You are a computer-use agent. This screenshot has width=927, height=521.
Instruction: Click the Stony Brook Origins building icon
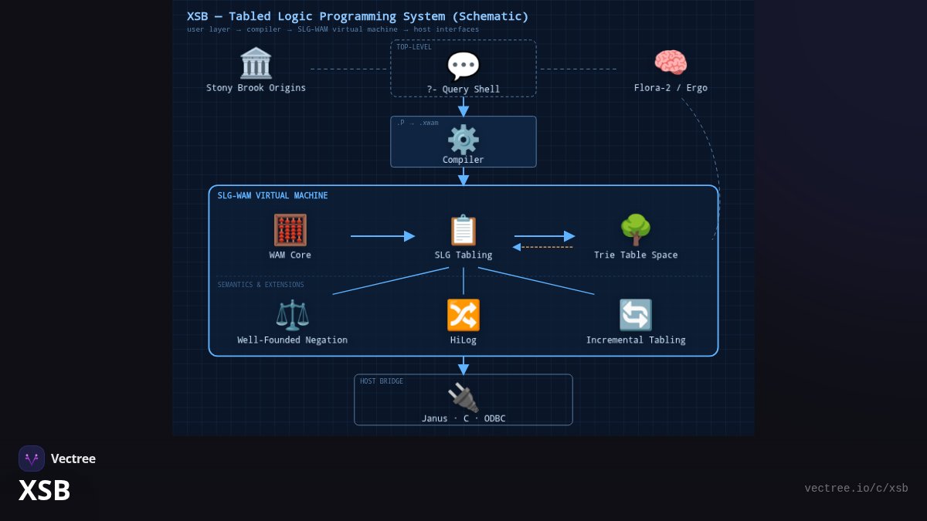point(256,63)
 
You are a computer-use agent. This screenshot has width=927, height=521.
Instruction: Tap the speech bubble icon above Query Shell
point(463,66)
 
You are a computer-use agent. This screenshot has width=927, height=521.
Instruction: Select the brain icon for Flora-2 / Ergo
point(671,63)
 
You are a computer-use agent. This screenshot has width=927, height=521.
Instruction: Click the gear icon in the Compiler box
point(463,140)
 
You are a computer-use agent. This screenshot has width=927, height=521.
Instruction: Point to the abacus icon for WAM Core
point(290,230)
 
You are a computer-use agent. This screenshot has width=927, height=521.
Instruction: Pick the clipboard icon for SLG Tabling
point(463,230)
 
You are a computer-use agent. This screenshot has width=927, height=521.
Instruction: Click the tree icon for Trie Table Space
point(636,230)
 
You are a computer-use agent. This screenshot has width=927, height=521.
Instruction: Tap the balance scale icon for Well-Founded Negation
point(292,315)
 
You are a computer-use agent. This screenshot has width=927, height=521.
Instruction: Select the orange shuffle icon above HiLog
point(463,315)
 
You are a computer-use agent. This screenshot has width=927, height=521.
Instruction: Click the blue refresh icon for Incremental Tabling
point(636,315)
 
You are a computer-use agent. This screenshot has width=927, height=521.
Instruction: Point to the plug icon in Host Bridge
point(463,397)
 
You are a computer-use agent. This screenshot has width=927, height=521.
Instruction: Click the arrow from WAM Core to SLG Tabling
point(383,236)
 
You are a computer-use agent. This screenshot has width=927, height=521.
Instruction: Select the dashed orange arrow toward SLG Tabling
point(542,247)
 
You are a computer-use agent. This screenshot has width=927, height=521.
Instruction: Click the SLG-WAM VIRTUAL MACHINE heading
point(272,195)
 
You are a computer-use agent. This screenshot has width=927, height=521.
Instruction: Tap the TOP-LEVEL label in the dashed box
point(414,47)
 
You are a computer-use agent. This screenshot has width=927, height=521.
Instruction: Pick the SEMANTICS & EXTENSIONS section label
point(261,285)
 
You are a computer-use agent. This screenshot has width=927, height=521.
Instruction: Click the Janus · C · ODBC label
point(463,418)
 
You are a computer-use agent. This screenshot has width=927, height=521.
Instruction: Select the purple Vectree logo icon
point(32,458)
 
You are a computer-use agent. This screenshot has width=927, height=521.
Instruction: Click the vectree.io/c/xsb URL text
point(856,489)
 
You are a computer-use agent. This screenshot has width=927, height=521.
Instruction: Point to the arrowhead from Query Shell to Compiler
point(463,111)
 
